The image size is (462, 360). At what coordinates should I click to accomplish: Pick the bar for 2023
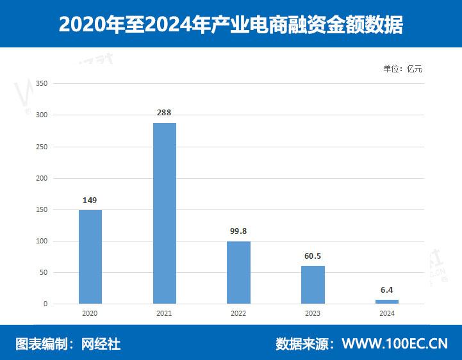(x=313, y=284)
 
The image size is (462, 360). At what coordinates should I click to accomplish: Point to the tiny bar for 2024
(x=387, y=301)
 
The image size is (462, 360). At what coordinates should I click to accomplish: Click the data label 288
(x=165, y=112)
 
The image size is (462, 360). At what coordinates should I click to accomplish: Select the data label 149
(x=90, y=200)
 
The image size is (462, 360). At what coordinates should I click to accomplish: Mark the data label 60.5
(x=313, y=256)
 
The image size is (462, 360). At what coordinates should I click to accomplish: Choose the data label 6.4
(x=387, y=290)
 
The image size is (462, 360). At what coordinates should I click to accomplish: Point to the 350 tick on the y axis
(x=42, y=83)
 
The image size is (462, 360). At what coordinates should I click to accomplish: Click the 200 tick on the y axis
(x=42, y=178)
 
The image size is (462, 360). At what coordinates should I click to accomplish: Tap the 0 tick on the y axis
(x=45, y=304)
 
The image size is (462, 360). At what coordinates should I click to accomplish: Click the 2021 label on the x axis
(x=165, y=314)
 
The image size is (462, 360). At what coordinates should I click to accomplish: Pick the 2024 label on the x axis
(x=387, y=314)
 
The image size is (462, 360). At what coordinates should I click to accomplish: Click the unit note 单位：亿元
(x=403, y=69)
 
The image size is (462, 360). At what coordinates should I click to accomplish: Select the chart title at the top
(x=231, y=24)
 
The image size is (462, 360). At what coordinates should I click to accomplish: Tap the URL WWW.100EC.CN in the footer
(x=395, y=344)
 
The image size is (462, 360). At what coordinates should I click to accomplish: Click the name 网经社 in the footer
(x=101, y=344)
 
